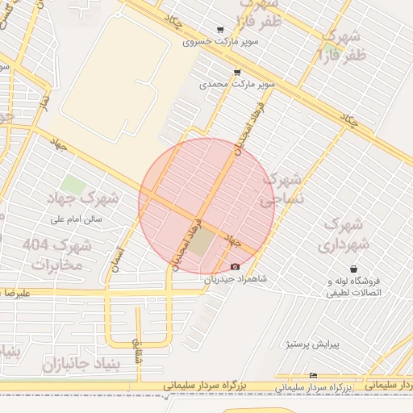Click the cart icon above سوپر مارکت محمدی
[236, 73]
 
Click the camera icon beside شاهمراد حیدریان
[235, 267]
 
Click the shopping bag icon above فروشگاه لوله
[353, 269]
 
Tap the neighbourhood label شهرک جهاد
[94, 198]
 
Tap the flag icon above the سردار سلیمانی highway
[314, 376]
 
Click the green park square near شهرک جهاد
[73, 184]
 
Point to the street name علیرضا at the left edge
[16, 295]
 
